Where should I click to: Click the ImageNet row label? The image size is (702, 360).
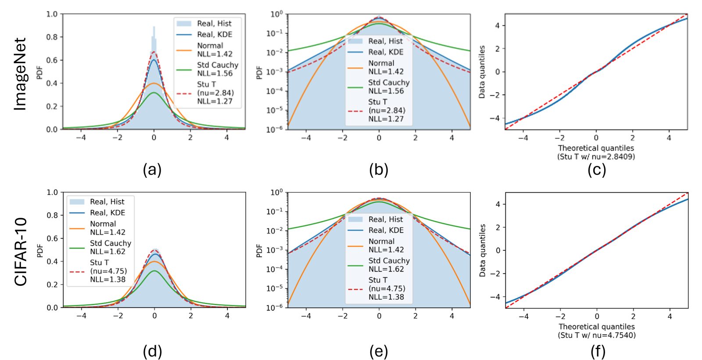tap(20, 73)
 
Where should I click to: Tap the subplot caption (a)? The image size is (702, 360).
tap(152, 169)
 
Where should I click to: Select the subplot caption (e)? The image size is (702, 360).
tap(379, 351)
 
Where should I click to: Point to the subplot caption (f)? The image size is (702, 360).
tap(598, 351)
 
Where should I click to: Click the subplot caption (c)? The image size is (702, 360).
tap(597, 169)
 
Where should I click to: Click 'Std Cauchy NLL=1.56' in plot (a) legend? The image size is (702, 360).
tap(217, 69)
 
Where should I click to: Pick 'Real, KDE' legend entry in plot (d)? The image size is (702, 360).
tap(107, 212)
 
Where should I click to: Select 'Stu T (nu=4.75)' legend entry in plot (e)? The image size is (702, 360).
tap(386, 288)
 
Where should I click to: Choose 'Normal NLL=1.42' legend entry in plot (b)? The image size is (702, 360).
tap(386, 67)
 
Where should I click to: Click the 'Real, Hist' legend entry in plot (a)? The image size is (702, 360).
tap(214, 23)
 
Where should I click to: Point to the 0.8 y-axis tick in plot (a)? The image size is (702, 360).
tap(52, 37)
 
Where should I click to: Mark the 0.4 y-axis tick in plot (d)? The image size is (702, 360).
tap(52, 261)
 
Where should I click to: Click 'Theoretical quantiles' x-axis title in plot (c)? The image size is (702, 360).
tap(596, 148)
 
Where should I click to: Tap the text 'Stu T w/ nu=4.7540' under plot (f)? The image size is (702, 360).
tap(597, 335)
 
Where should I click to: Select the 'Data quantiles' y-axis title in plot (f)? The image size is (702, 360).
tap(482, 250)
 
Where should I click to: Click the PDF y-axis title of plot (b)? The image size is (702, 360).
tap(259, 72)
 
